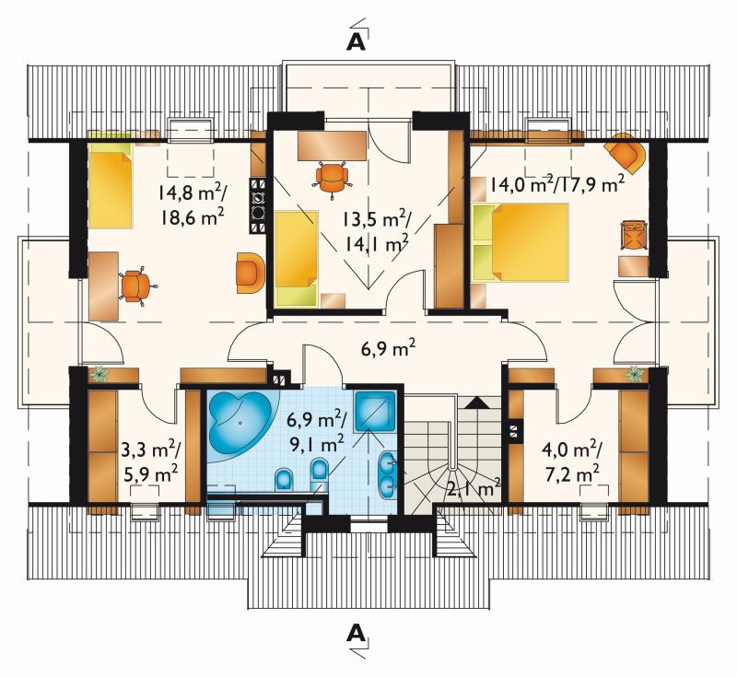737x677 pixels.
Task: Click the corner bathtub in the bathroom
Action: (x=240, y=422)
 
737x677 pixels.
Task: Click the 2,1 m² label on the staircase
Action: (x=474, y=489)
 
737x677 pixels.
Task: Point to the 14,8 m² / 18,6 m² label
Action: (x=192, y=205)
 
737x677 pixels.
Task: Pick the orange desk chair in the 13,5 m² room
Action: (x=333, y=178)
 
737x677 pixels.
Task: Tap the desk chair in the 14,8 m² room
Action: (x=136, y=286)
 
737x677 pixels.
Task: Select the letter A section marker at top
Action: (x=357, y=41)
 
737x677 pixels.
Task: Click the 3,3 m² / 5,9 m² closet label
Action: (x=149, y=462)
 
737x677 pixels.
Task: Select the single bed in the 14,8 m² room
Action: (x=111, y=185)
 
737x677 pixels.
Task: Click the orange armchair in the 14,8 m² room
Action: (x=249, y=273)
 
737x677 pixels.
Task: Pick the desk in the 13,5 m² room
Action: (x=332, y=146)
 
